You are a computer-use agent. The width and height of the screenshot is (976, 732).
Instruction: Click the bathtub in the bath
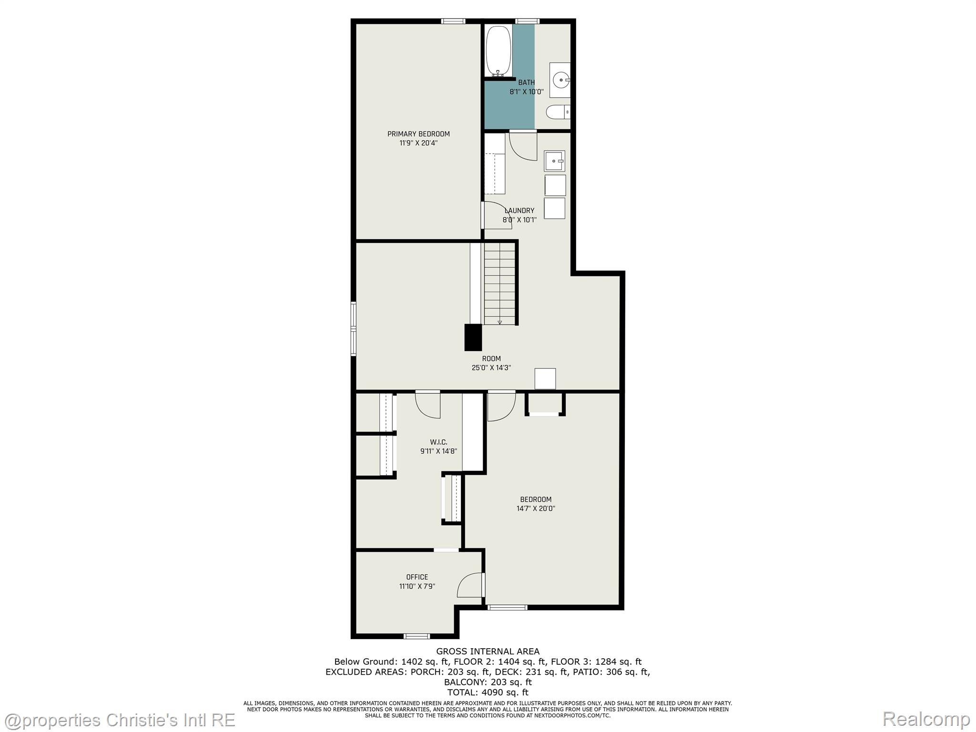(498, 51)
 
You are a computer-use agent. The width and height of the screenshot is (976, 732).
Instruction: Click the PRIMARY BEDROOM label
(418, 134)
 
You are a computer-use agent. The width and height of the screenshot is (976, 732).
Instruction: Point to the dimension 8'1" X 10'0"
(527, 91)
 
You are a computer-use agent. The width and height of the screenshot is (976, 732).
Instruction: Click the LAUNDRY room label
(519, 211)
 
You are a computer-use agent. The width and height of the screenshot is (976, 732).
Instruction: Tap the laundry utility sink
(554, 161)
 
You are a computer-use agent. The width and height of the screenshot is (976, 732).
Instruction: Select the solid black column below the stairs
(473, 337)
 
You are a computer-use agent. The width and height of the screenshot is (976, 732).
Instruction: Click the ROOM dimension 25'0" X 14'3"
(491, 368)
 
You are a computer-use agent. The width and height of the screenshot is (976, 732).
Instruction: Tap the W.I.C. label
(438, 442)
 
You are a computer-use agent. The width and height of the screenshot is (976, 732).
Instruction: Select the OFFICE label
(417, 577)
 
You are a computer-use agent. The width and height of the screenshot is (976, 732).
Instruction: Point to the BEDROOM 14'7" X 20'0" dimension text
(536, 508)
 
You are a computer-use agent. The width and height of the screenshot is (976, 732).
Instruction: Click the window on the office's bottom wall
(417, 636)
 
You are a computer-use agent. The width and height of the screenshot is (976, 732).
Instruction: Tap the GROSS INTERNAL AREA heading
(488, 651)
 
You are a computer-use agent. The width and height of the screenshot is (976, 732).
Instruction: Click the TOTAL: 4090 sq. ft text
(488, 692)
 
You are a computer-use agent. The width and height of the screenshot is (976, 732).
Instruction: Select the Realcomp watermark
(926, 719)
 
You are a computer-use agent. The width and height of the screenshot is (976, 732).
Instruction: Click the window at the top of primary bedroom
(453, 21)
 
